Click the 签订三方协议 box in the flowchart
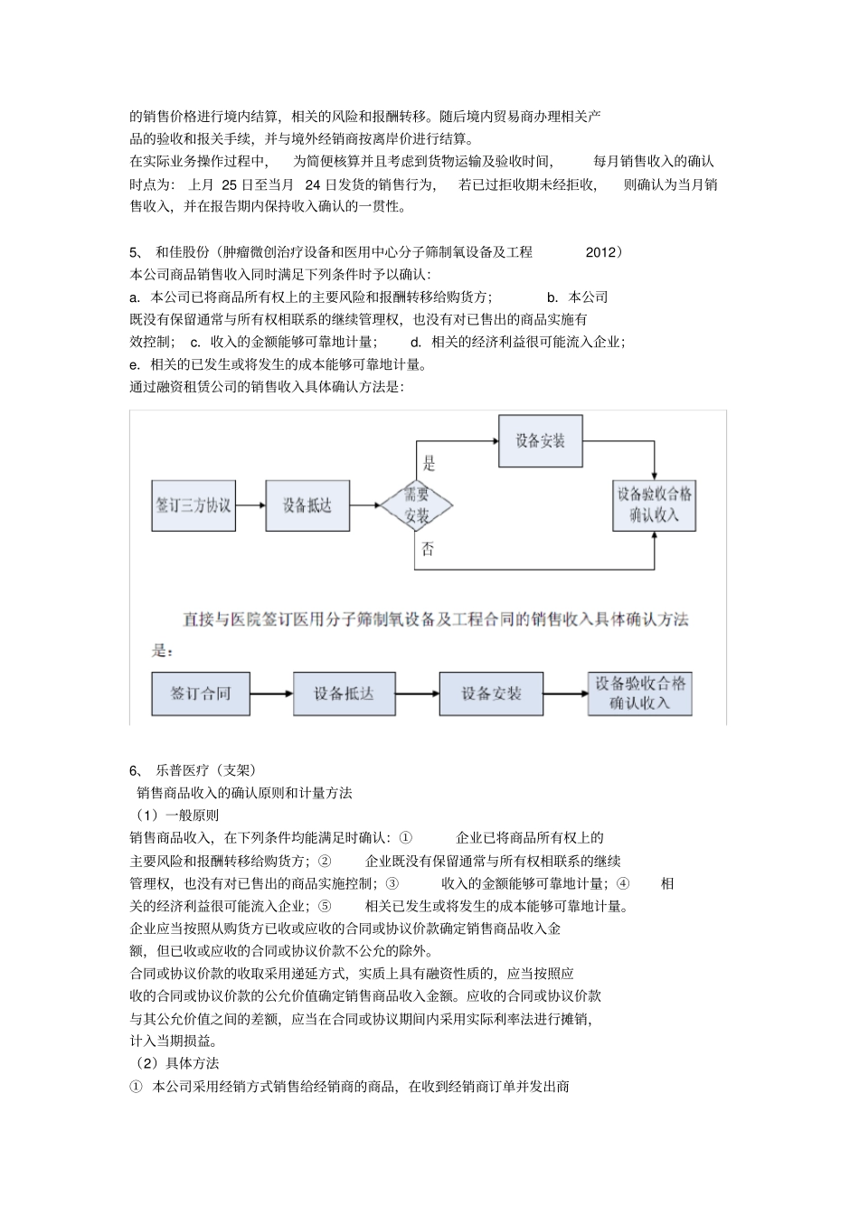[x=194, y=505]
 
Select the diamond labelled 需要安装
[x=416, y=505]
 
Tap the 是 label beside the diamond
[x=429, y=464]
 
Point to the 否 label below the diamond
[x=428, y=549]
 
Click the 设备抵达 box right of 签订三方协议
[x=307, y=505]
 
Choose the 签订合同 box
[x=201, y=693]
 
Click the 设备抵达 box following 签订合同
[x=344, y=693]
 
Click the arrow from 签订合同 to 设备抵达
[x=271, y=693]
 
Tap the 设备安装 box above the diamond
[x=541, y=441]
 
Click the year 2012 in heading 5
[x=600, y=252]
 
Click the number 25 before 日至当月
[x=230, y=184]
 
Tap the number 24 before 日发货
[x=314, y=184]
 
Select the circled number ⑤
[x=326, y=906]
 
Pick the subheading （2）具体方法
[x=175, y=1063]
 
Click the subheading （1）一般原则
[x=175, y=815]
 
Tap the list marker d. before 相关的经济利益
[x=416, y=342]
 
